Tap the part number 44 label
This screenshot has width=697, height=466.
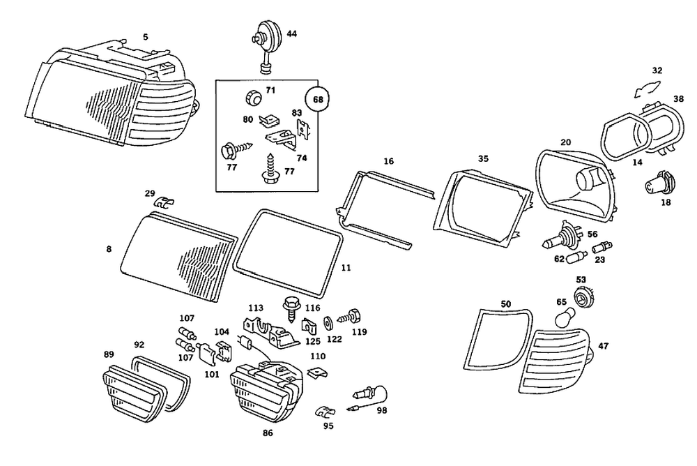[x=291, y=33]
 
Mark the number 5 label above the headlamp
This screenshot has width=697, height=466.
[x=146, y=36]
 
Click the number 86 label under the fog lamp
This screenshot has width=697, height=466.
[x=268, y=433]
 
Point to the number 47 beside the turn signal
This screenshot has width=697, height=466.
[x=604, y=346]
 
